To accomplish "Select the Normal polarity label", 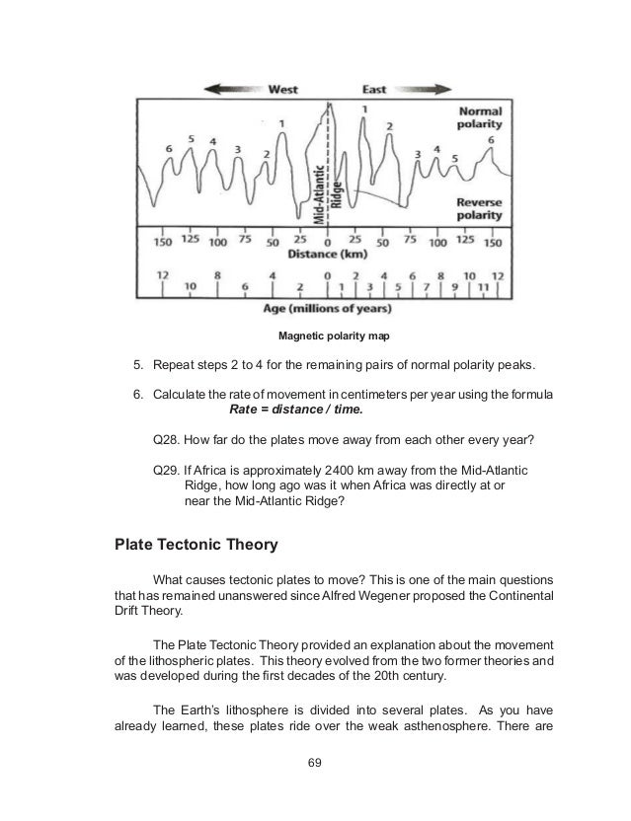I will [x=479, y=118].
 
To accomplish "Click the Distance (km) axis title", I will [x=326, y=254].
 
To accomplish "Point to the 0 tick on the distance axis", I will [x=327, y=240].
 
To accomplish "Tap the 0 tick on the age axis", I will [x=327, y=275].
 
